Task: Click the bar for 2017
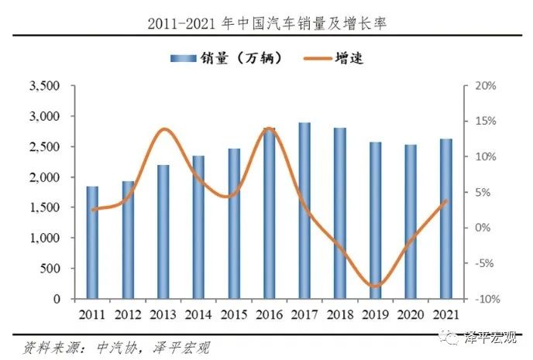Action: [x=304, y=211]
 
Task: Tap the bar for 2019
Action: [x=375, y=221]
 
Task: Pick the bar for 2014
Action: [x=198, y=227]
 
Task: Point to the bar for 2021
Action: [x=445, y=218]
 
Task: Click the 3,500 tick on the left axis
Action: [x=46, y=86]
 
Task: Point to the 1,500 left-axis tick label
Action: [x=46, y=207]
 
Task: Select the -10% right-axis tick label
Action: [x=483, y=299]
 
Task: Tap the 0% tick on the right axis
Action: [x=481, y=228]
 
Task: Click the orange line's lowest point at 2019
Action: [x=375, y=286]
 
